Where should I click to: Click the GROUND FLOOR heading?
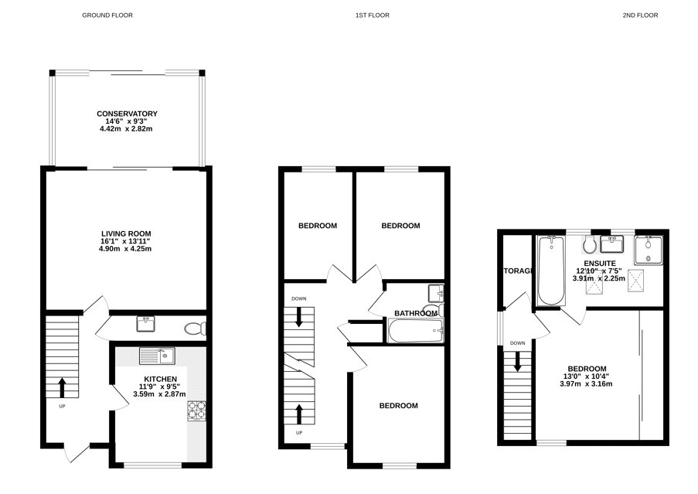click(x=107, y=15)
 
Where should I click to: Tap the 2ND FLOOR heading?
click(x=640, y=15)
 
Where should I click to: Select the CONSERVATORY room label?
click(x=127, y=114)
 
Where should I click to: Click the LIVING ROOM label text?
click(x=126, y=233)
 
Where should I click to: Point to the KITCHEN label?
click(x=160, y=379)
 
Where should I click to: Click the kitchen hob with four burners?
click(x=196, y=411)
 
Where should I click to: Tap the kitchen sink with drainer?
click(x=157, y=356)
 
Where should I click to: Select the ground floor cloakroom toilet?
click(x=196, y=329)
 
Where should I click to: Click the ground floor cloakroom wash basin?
click(x=145, y=324)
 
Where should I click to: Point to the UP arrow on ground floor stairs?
click(x=62, y=387)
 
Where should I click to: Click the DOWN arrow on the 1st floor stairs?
click(x=298, y=316)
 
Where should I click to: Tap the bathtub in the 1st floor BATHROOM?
click(x=416, y=331)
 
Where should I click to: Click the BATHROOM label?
click(x=416, y=313)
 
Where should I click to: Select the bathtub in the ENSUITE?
click(x=551, y=271)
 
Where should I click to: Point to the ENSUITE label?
click(x=600, y=264)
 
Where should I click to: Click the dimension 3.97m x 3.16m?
click(x=586, y=383)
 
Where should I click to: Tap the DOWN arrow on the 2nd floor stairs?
click(x=517, y=361)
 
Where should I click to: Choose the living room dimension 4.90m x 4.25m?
click(x=125, y=249)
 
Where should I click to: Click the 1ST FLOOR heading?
click(x=372, y=15)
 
